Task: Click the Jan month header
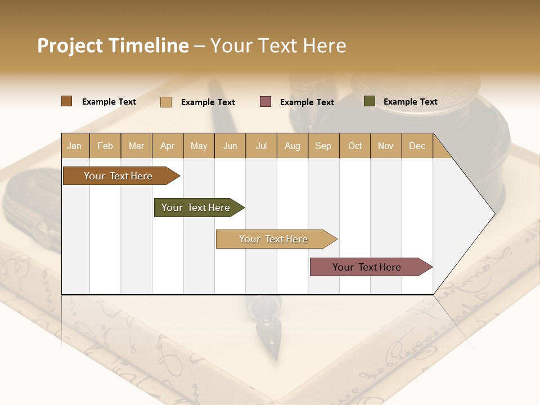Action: point(74,146)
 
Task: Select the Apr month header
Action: point(167,146)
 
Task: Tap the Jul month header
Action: point(261,146)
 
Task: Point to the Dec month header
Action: point(417,146)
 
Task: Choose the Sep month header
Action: point(323,146)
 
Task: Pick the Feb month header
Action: point(105,146)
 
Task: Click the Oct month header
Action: point(355,146)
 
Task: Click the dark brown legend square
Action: point(67,101)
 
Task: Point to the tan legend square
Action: point(166,102)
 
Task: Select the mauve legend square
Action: point(265,102)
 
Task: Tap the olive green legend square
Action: point(370,101)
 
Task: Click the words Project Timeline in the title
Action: point(112,46)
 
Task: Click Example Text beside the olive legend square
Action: point(410,102)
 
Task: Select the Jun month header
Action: point(230,146)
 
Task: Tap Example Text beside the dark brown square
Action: point(109,102)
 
